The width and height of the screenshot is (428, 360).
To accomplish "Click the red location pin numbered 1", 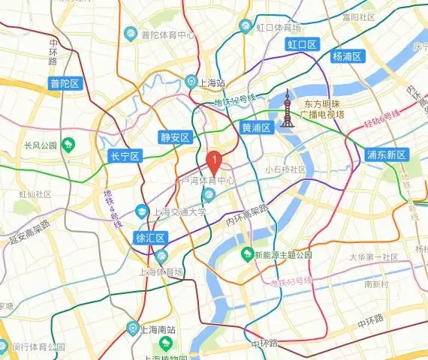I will (x=213, y=160).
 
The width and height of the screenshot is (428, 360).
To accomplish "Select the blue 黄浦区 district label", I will (x=255, y=127).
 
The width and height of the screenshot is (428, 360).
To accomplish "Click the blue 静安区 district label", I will (x=176, y=136).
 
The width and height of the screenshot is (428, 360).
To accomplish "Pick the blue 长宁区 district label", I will (x=125, y=156).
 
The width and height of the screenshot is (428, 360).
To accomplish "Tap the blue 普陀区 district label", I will (x=65, y=83).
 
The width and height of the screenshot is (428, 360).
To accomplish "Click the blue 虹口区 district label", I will (x=303, y=45).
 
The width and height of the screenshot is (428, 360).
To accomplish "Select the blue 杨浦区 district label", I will (x=347, y=56).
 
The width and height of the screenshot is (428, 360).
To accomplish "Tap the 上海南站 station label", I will (x=156, y=328).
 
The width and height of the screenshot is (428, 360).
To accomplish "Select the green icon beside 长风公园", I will (x=69, y=143).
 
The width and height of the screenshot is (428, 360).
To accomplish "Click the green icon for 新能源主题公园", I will (x=246, y=255).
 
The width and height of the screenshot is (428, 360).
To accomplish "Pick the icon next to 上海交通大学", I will (x=143, y=212).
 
